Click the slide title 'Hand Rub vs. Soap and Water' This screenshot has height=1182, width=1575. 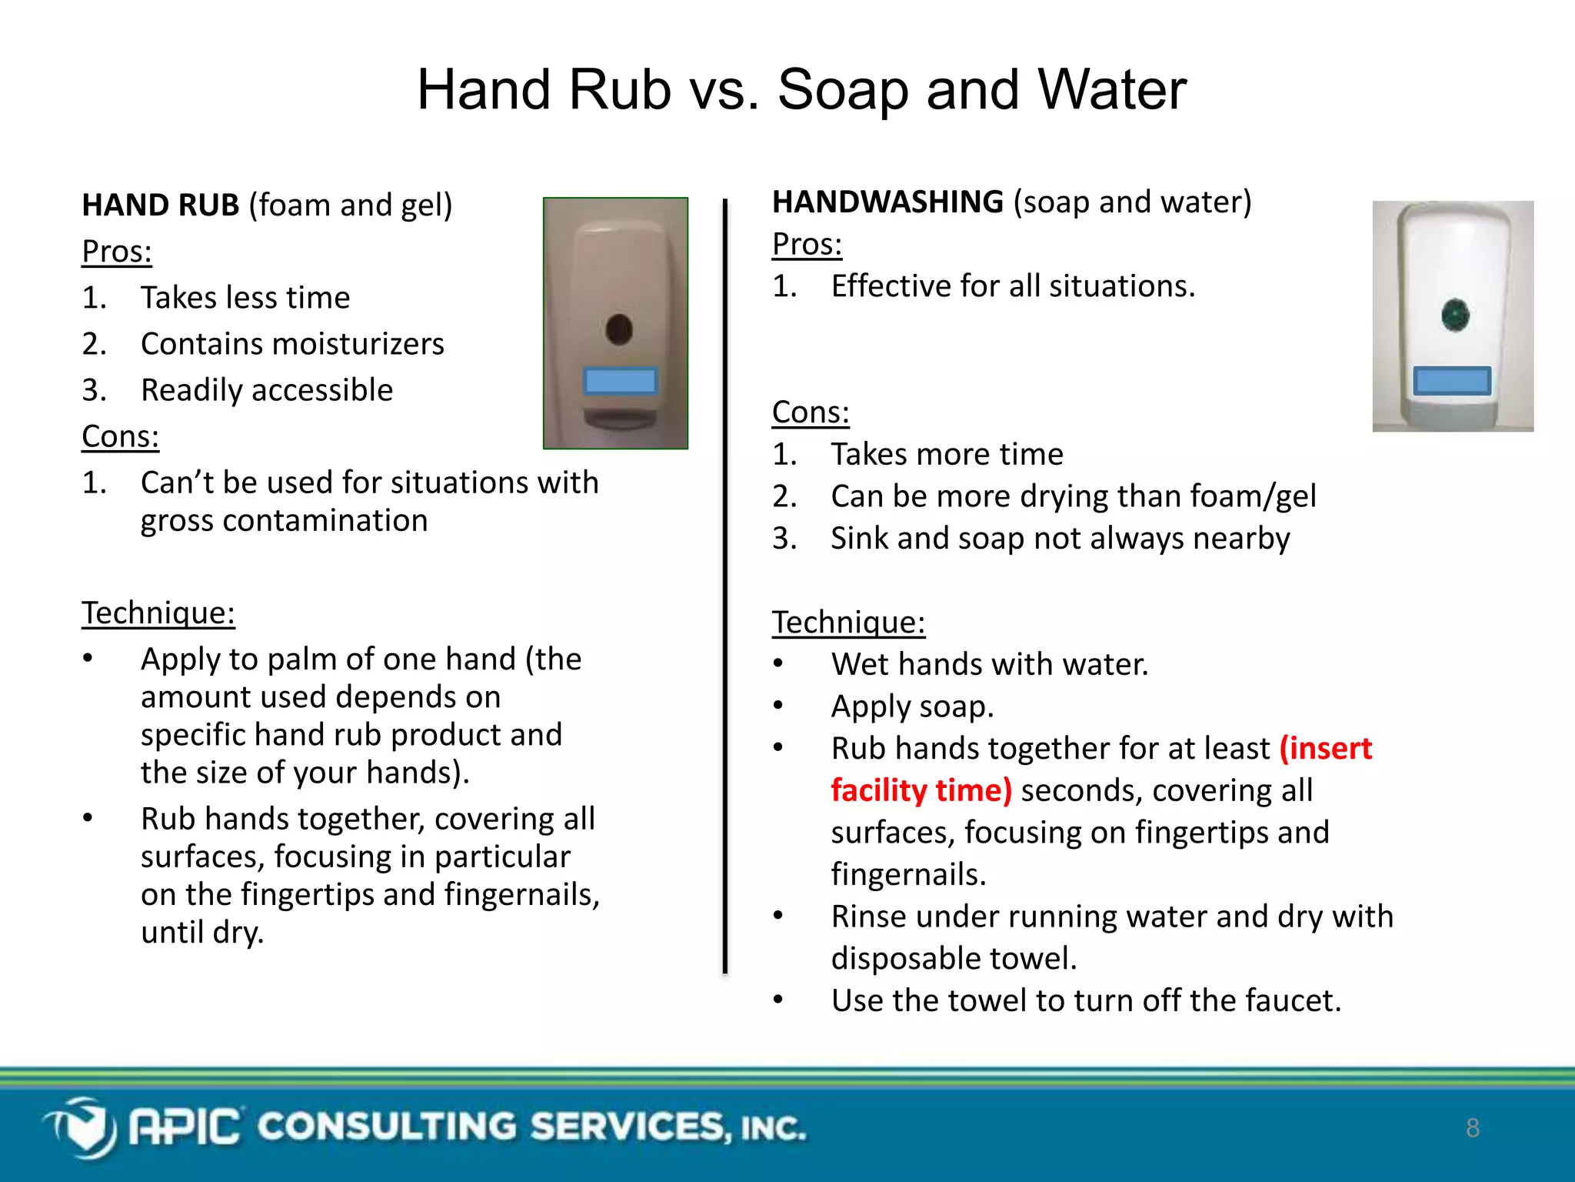pyautogui.click(x=801, y=90)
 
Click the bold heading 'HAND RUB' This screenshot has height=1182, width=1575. pyautogui.click(x=160, y=205)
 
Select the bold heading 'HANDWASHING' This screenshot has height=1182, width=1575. pyautogui.click(x=887, y=202)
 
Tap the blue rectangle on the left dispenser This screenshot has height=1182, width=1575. pyautogui.click(x=620, y=381)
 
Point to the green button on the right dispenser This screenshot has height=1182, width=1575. pyautogui.click(x=1455, y=315)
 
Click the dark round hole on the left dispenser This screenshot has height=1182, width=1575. pyautogui.click(x=618, y=329)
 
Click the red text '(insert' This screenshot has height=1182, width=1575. pyautogui.click(x=1326, y=748)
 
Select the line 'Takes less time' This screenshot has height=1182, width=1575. pyautogui.click(x=245, y=298)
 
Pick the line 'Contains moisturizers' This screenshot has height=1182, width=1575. pyautogui.click(x=292, y=344)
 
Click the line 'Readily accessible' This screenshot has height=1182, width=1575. pyautogui.click(x=266, y=390)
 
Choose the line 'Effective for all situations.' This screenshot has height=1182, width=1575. pyautogui.click(x=1013, y=286)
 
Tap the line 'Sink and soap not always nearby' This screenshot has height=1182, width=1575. pyautogui.click(x=1060, y=538)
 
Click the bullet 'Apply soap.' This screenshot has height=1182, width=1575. pyautogui.click(x=912, y=706)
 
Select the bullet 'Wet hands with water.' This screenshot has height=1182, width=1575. pyautogui.click(x=989, y=664)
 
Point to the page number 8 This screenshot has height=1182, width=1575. pyautogui.click(x=1472, y=1128)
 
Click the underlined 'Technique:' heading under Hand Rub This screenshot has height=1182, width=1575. pyautogui.click(x=158, y=613)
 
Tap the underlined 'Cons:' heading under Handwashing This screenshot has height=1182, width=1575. pyautogui.click(x=811, y=412)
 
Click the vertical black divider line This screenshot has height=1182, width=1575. pyautogui.click(x=724, y=585)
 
